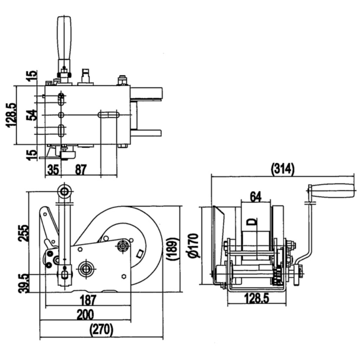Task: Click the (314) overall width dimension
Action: click(x=282, y=169)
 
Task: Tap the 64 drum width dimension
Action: click(x=256, y=197)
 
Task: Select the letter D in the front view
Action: click(x=252, y=221)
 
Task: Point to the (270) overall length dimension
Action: click(x=102, y=330)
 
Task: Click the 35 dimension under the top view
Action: click(x=53, y=170)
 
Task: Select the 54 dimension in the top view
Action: click(x=32, y=115)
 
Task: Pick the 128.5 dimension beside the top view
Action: click(x=11, y=115)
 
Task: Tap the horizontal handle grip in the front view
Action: click(x=332, y=191)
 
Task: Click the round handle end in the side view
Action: click(x=64, y=191)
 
